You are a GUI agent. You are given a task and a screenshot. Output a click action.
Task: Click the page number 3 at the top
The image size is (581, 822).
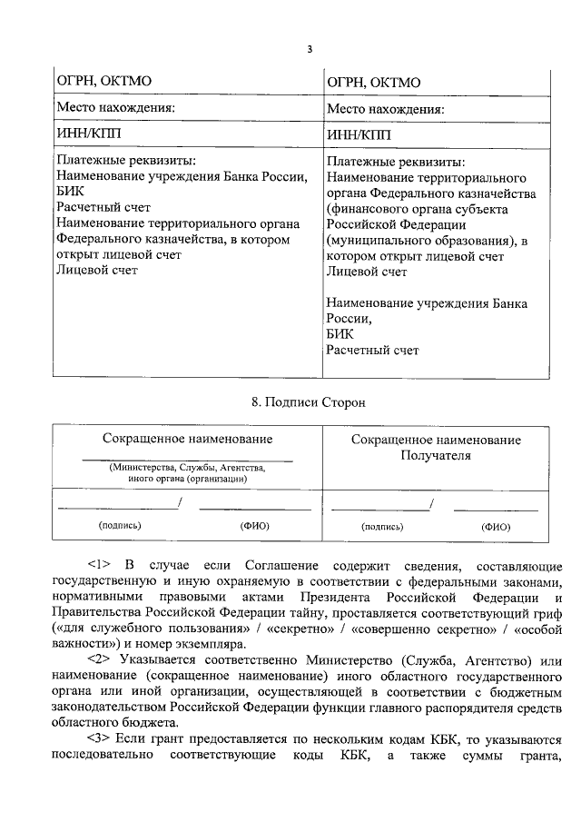(309, 49)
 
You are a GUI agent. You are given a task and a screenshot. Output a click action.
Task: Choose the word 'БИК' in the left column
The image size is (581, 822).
(70, 193)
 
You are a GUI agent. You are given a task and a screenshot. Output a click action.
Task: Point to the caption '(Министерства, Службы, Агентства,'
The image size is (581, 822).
(187, 467)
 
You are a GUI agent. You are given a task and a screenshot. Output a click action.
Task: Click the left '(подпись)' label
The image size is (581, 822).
(119, 526)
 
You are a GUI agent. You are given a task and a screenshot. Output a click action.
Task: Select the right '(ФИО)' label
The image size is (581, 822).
(496, 526)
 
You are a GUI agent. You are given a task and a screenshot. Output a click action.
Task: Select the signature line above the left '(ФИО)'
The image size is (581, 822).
(242, 508)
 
